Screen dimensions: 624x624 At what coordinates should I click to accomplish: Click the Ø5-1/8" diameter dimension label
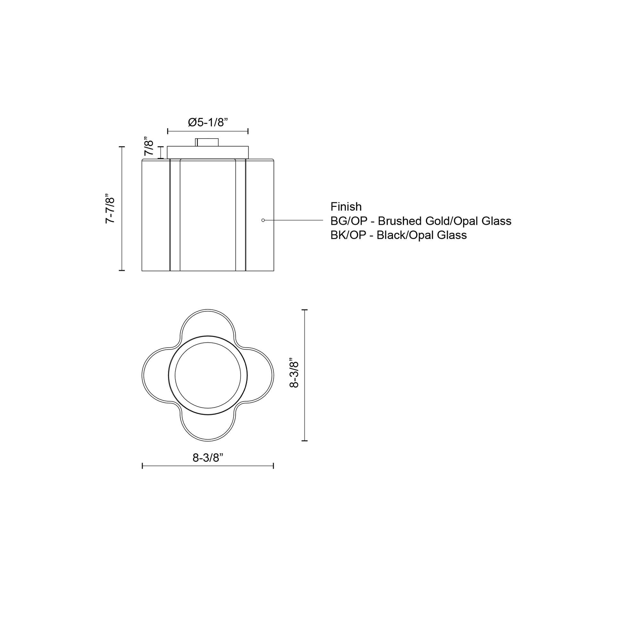tap(208, 122)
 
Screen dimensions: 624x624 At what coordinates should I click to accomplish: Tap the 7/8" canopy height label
tap(149, 148)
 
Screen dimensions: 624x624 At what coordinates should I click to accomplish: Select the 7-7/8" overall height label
tap(110, 208)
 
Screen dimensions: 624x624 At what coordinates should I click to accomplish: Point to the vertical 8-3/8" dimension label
tap(294, 373)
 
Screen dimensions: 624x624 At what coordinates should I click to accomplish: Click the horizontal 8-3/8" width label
tap(208, 458)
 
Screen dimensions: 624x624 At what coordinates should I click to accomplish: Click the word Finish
tap(346, 207)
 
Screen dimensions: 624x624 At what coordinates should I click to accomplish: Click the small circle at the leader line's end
tap(263, 220)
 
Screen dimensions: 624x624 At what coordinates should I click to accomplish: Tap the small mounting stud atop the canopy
tap(207, 142)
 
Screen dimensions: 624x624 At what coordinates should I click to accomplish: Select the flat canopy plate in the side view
tap(208, 152)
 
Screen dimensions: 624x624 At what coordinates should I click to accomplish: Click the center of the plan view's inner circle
tap(208, 375)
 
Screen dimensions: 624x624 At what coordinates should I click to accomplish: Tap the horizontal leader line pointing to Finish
tap(294, 220)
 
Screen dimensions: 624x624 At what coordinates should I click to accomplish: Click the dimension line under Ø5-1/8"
tap(208, 131)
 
